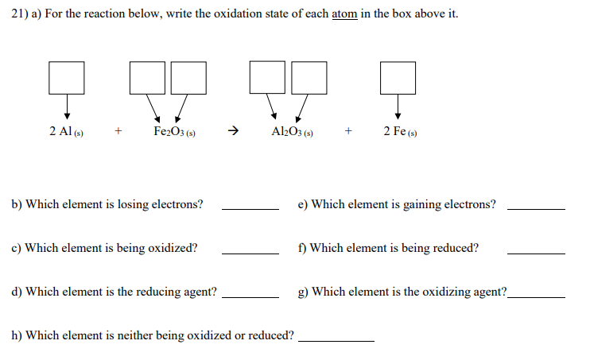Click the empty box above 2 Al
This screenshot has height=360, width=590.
click(67, 75)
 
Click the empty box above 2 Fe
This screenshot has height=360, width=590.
click(398, 75)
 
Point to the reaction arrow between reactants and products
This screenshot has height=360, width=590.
click(234, 132)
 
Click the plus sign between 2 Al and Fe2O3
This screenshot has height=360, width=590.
click(118, 132)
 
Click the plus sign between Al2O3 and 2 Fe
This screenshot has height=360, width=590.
click(348, 132)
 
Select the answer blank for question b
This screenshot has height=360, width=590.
click(250, 209)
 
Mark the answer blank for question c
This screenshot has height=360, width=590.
click(250, 253)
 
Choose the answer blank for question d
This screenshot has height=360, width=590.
click(250, 296)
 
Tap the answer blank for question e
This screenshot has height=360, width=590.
click(536, 209)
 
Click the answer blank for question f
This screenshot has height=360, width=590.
click(536, 253)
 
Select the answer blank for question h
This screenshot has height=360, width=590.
click(336, 340)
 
